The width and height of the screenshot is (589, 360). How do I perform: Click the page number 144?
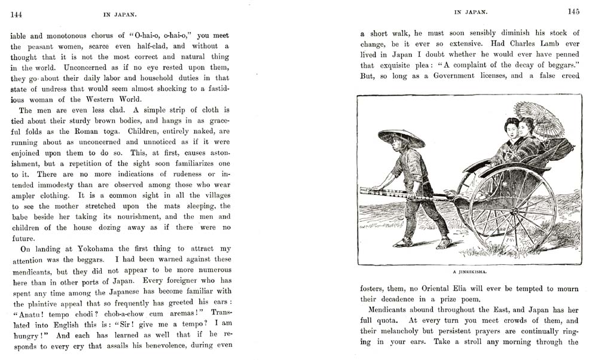17,12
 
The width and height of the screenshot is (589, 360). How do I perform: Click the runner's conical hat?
401,138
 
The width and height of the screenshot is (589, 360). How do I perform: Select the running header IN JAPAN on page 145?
471,11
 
